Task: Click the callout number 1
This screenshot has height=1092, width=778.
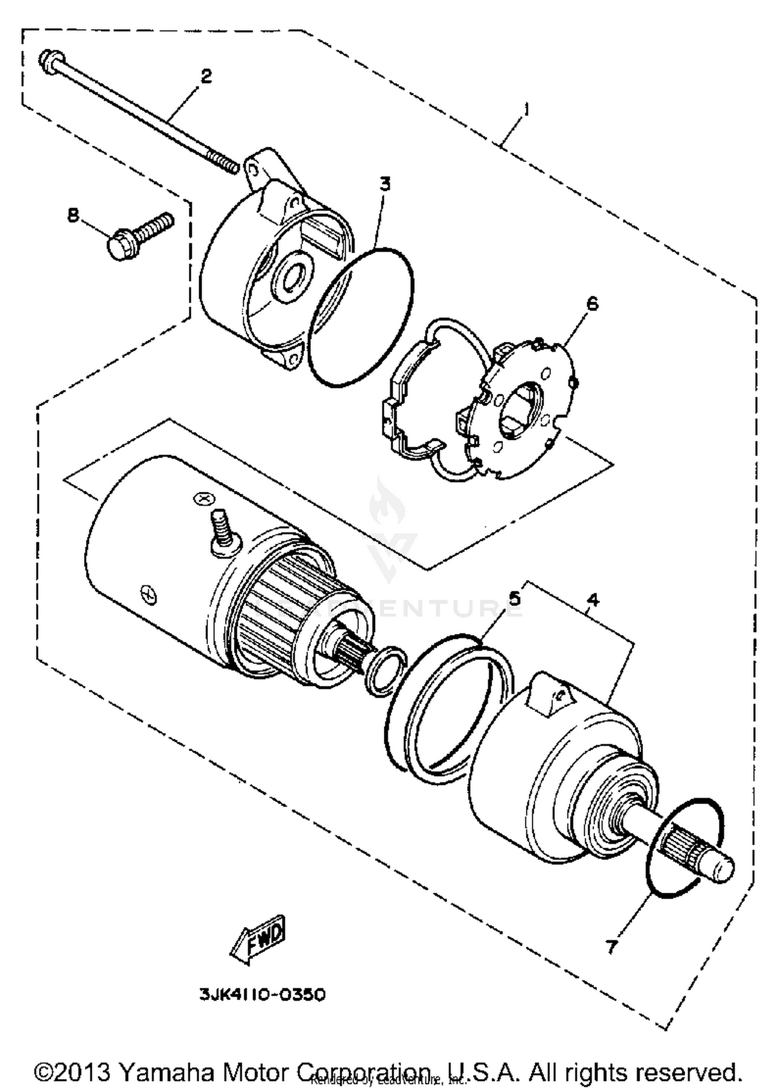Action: point(526,109)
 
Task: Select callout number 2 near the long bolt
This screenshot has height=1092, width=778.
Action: point(206,77)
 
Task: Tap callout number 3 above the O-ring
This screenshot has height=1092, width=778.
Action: point(384,184)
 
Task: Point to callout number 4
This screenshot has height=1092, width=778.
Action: point(593,600)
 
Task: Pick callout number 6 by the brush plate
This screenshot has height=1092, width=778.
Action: point(592,304)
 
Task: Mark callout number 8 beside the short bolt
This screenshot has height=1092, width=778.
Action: point(74,215)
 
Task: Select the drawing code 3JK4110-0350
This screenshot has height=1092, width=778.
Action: point(262,994)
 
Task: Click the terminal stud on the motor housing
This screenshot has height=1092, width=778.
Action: point(223,529)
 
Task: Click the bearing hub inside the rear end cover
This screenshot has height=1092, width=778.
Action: point(294,272)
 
